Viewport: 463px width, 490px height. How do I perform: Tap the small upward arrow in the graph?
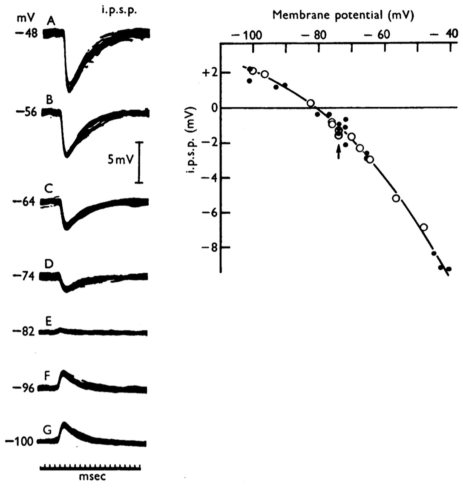click(x=339, y=152)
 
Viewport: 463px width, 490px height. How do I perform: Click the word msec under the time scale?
click(x=92, y=476)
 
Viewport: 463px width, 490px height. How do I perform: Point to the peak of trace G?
click(x=64, y=424)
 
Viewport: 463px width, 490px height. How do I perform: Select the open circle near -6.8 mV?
click(x=424, y=227)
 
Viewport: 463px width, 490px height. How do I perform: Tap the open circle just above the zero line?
click(x=311, y=103)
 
